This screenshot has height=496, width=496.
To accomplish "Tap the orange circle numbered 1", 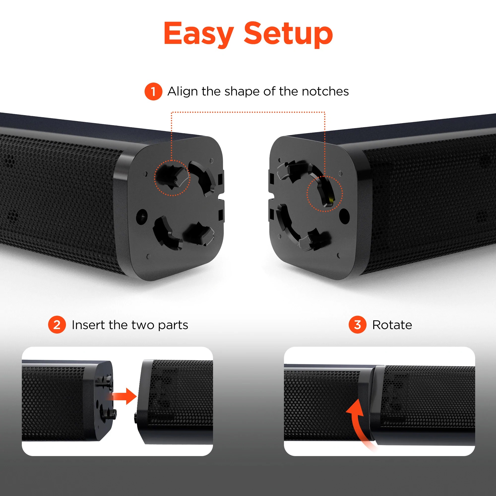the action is (x=153, y=92).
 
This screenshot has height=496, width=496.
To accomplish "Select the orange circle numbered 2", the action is (x=57, y=325).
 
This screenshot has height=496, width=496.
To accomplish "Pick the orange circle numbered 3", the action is (x=357, y=325).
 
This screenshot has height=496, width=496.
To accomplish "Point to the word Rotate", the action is (x=392, y=325).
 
